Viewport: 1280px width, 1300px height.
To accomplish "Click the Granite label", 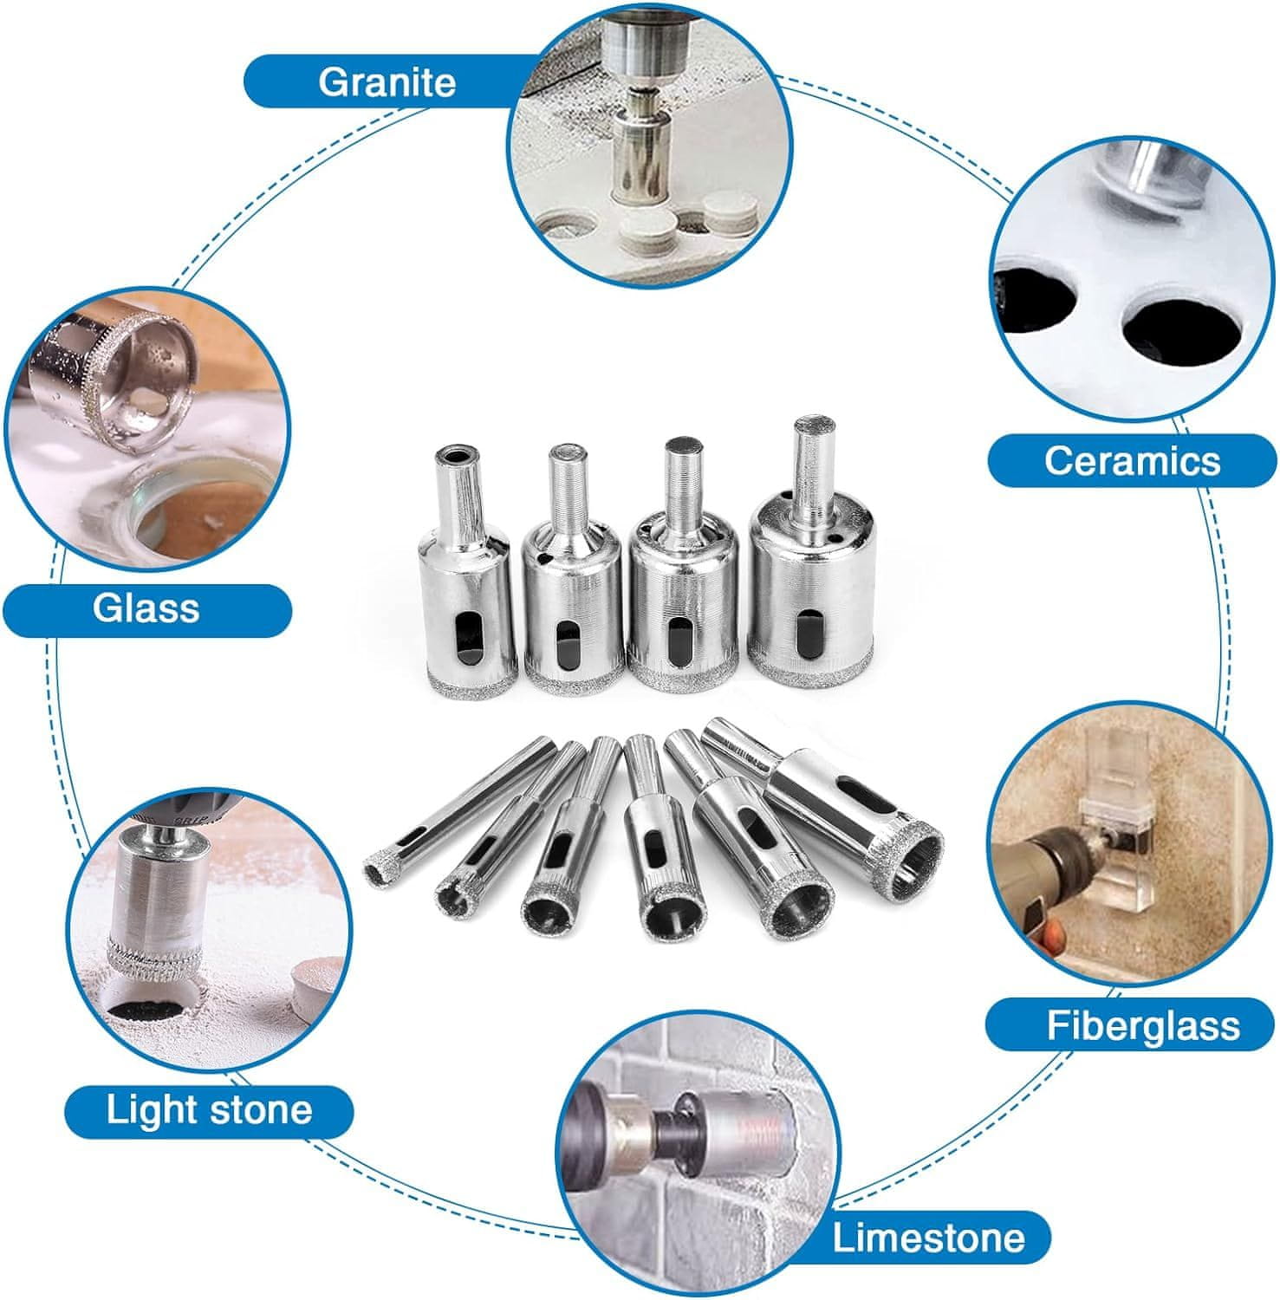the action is click(x=387, y=82).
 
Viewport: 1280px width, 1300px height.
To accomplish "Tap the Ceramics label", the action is click(x=1132, y=460).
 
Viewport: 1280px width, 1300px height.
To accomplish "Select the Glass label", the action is click(x=146, y=608).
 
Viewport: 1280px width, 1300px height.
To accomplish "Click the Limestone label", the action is click(x=927, y=1238).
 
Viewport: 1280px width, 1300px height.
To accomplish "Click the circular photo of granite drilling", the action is click(x=650, y=144).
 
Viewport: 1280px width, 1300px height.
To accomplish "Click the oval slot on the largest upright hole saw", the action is click(x=811, y=637).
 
